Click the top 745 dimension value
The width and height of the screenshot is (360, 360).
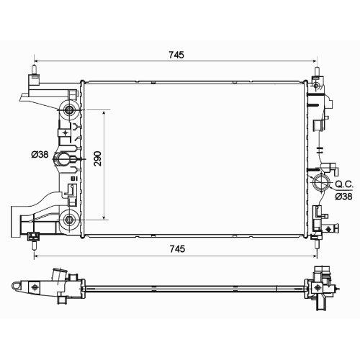pos(176,55)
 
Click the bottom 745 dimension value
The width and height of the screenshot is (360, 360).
pos(177,249)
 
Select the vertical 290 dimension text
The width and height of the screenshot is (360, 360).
pos(98,158)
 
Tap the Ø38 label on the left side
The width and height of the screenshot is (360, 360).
pos(40,154)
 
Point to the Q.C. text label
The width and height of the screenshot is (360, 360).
pos(344,184)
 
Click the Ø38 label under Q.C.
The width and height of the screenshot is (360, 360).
pos(343,197)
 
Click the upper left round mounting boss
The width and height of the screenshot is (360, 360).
pos(69,109)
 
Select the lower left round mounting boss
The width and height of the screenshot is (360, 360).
pos(69,219)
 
